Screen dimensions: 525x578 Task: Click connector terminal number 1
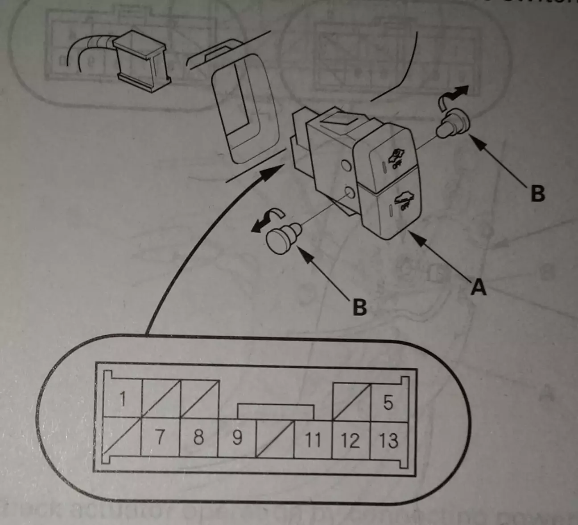(x=122, y=399)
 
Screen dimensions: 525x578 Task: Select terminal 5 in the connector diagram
(x=388, y=403)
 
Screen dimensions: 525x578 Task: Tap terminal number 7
(x=160, y=437)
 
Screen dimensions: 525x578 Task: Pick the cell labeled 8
(x=198, y=437)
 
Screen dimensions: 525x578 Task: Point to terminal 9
(x=237, y=438)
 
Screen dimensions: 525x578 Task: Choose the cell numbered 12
(x=351, y=440)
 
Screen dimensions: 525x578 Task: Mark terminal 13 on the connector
(x=388, y=440)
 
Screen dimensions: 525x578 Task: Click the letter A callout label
(x=479, y=287)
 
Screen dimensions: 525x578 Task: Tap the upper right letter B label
(x=537, y=193)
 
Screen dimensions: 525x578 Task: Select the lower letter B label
(x=359, y=306)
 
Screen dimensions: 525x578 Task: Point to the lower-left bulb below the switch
(x=282, y=240)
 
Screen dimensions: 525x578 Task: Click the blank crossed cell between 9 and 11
(x=275, y=439)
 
